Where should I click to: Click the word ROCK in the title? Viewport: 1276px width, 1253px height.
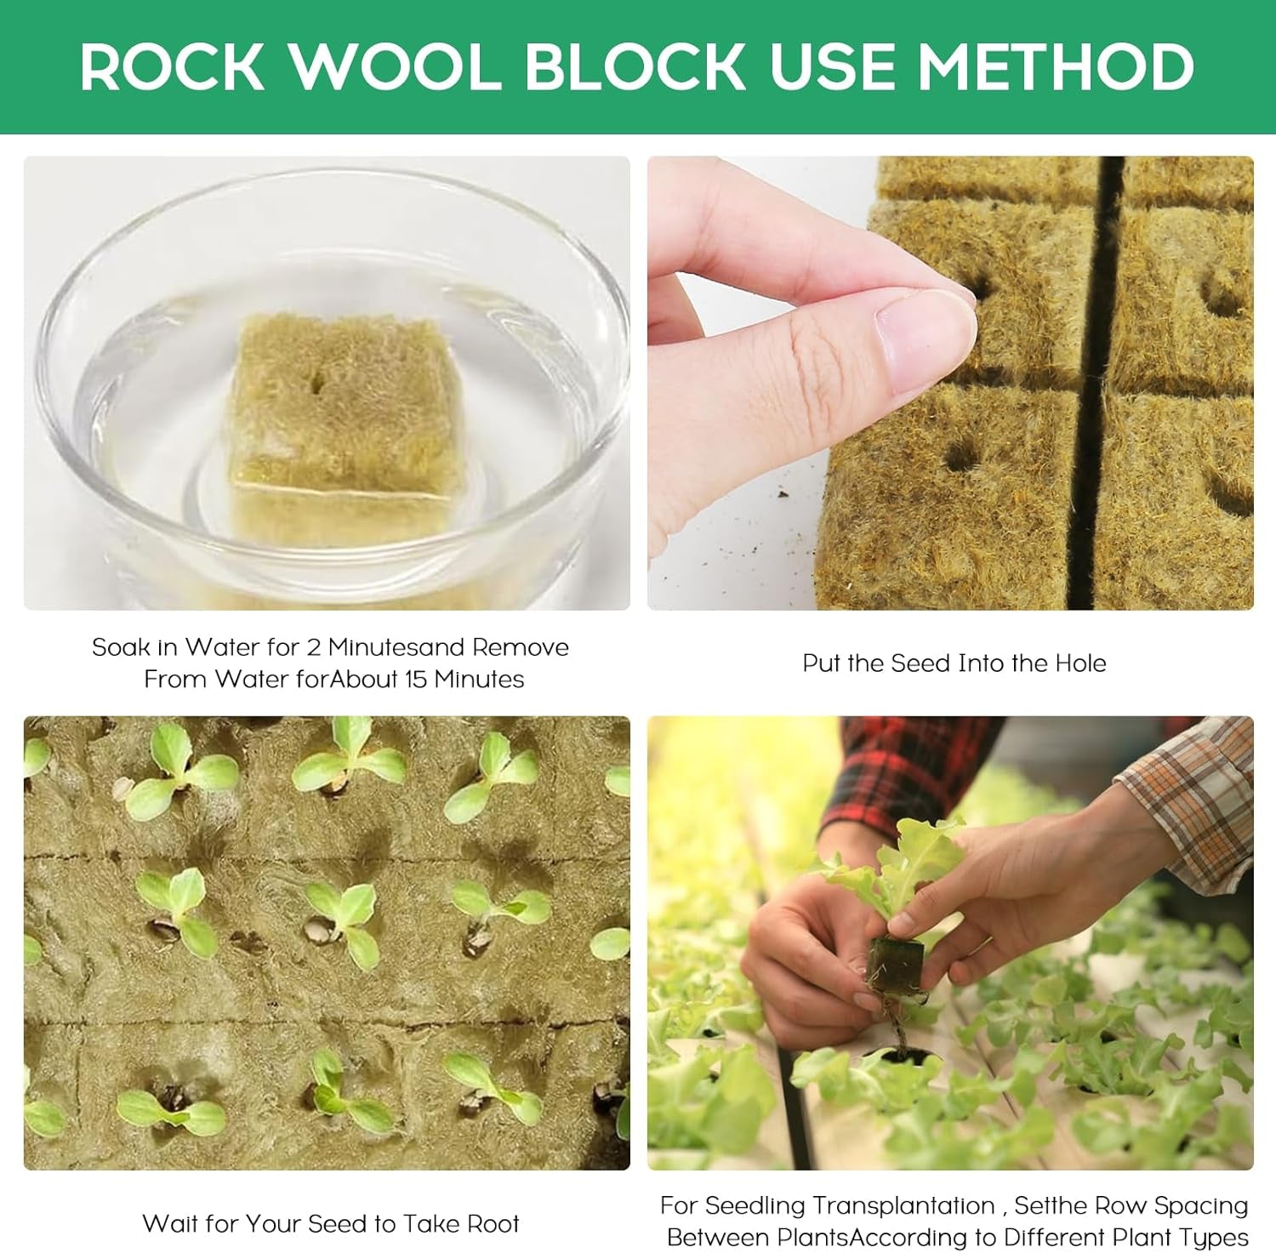pyautogui.click(x=172, y=66)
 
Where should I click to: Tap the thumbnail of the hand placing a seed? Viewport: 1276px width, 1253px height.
pyautogui.click(x=950, y=383)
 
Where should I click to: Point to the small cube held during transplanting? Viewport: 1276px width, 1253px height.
pyautogui.click(x=895, y=962)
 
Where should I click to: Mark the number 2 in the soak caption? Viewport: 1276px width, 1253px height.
pyautogui.click(x=313, y=648)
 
